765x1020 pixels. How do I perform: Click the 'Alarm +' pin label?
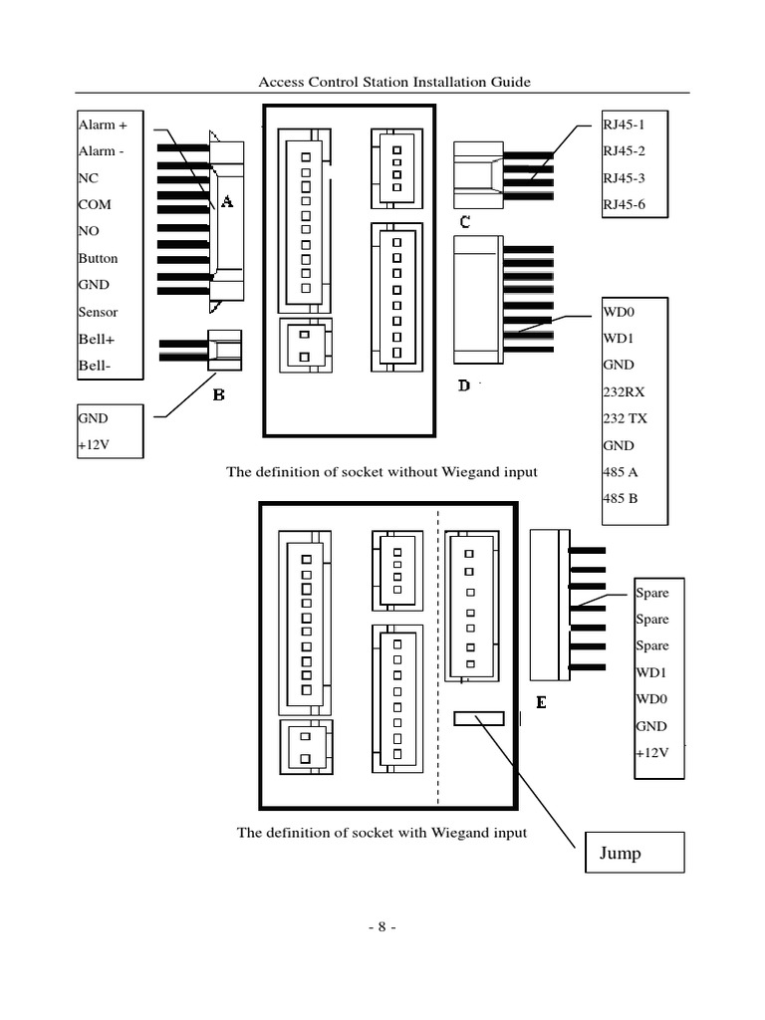103,126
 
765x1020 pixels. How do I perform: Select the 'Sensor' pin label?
98,312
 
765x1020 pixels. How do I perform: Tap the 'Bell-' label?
95,366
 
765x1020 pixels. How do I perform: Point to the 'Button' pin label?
98,258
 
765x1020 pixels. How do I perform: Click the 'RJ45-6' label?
625,204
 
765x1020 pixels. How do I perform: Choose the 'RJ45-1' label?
625,126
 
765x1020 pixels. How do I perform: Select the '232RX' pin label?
624,391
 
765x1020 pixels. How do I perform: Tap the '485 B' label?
621,498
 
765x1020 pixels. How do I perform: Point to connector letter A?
226,202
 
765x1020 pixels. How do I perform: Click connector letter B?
218,394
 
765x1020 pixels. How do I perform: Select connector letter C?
464,221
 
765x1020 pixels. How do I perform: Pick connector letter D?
464,384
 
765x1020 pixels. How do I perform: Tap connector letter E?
541,702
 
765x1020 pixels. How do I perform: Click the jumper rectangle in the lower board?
479,718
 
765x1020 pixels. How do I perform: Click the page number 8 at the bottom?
381,926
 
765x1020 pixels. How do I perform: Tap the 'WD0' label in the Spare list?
650,699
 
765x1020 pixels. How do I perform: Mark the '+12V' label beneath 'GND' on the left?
93,444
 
